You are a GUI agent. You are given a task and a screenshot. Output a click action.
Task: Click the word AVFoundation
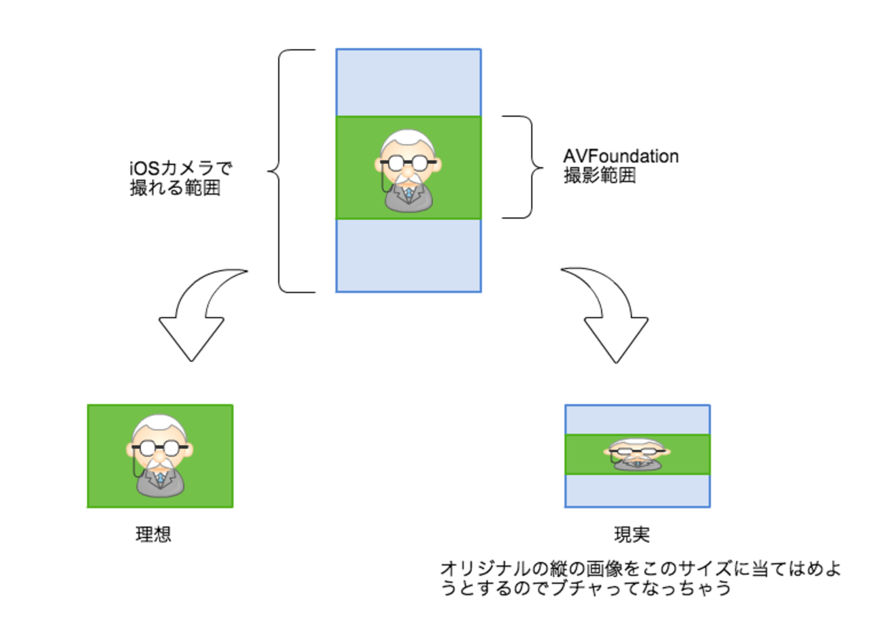pos(621,156)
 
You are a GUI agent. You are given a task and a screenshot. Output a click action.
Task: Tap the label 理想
pos(153,534)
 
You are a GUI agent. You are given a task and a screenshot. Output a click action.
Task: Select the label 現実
pos(632,535)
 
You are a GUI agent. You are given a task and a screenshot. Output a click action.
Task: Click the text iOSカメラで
pos(180,167)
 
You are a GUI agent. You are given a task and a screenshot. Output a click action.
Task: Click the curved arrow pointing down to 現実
pos(609,320)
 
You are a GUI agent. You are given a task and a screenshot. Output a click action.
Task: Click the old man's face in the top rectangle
pos(407,160)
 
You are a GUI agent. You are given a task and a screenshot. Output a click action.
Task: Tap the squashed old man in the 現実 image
pos(637,454)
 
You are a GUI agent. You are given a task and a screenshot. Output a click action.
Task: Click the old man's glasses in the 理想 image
pos(161,448)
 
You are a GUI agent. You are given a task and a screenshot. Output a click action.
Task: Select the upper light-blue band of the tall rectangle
pos(408,82)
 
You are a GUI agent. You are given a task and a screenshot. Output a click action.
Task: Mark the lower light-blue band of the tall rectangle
pos(408,255)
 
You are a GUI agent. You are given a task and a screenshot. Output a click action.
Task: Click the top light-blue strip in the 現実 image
pos(637,419)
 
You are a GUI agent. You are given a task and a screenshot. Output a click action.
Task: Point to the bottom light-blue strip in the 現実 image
pos(637,490)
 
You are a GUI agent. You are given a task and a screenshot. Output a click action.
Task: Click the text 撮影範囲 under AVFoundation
pos(599,176)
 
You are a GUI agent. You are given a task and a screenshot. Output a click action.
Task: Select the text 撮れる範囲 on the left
pos(175,187)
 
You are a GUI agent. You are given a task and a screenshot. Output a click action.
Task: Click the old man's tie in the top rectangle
pos(408,194)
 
